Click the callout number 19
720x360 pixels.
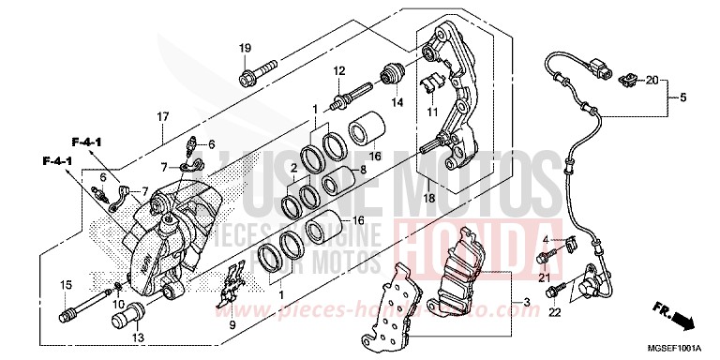pos(245,48)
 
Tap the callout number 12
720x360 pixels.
pos(338,71)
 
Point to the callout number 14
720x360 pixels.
pos(397,101)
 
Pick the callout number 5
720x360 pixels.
pos(683,97)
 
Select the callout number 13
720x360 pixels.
pos(138,337)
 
